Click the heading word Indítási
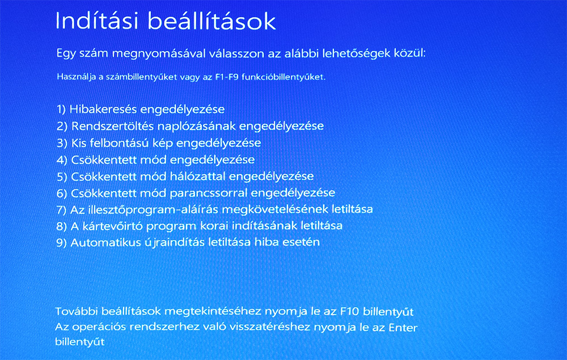click(x=97, y=20)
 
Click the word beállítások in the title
click(x=212, y=20)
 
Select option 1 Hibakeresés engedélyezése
click(x=141, y=109)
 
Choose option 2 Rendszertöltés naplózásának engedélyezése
click(x=190, y=126)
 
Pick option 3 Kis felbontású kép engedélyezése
click(x=159, y=143)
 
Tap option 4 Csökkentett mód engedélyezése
click(x=156, y=160)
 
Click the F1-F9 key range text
click(x=227, y=77)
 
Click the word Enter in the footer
click(x=403, y=328)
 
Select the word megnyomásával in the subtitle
click(x=166, y=54)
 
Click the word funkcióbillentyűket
click(x=283, y=77)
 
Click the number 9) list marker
click(x=61, y=243)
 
